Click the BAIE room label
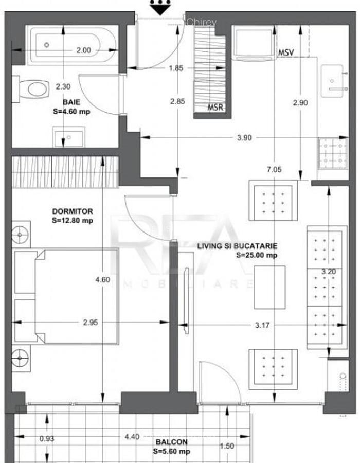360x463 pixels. pyautogui.click(x=72, y=102)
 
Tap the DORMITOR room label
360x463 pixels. pyautogui.click(x=73, y=211)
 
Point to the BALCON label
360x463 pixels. pyautogui.click(x=172, y=442)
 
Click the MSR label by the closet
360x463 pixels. pyautogui.click(x=215, y=108)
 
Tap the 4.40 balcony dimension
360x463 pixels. pyautogui.click(x=132, y=437)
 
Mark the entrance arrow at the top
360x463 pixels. pyautogui.click(x=160, y=6)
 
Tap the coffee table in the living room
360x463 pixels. pyautogui.click(x=269, y=287)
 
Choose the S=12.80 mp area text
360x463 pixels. pyautogui.click(x=73, y=220)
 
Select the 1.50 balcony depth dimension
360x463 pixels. pyautogui.click(x=226, y=446)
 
